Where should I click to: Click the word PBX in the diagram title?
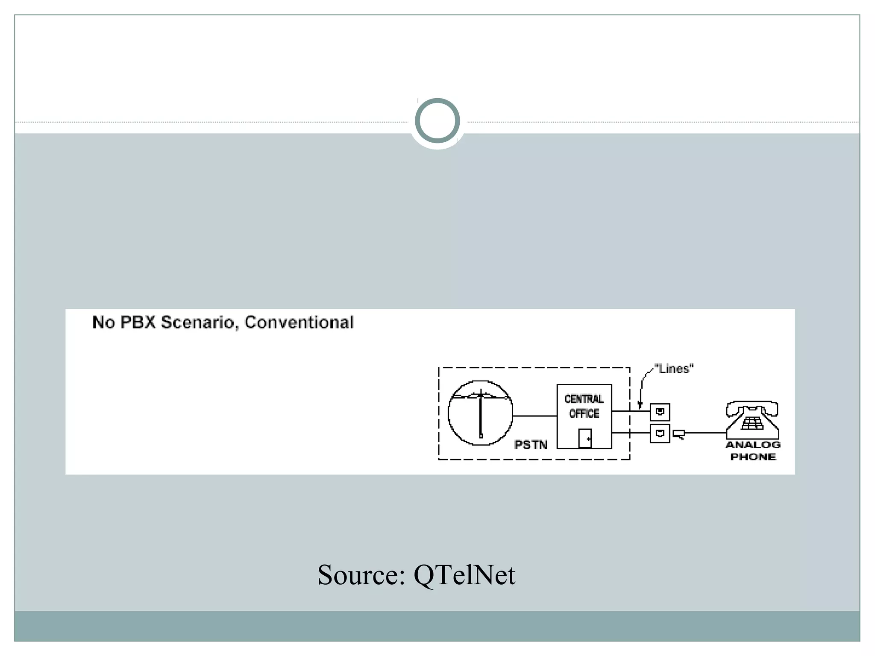(x=138, y=322)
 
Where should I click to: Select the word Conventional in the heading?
(x=299, y=322)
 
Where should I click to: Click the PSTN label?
(x=531, y=445)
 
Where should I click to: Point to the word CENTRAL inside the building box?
(x=584, y=399)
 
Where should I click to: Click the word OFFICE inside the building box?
(x=584, y=413)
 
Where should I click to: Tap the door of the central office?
(x=585, y=438)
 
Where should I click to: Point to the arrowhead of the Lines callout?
(x=640, y=404)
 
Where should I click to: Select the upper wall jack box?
(x=660, y=412)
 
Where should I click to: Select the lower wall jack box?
(x=660, y=433)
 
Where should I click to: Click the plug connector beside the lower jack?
(x=679, y=434)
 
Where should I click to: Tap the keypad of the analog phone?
(x=752, y=423)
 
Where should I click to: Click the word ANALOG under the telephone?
(x=753, y=445)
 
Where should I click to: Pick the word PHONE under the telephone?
(x=753, y=457)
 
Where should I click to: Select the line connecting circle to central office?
(x=534, y=416)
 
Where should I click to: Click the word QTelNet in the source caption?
(x=464, y=575)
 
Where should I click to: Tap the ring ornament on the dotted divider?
(x=437, y=121)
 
